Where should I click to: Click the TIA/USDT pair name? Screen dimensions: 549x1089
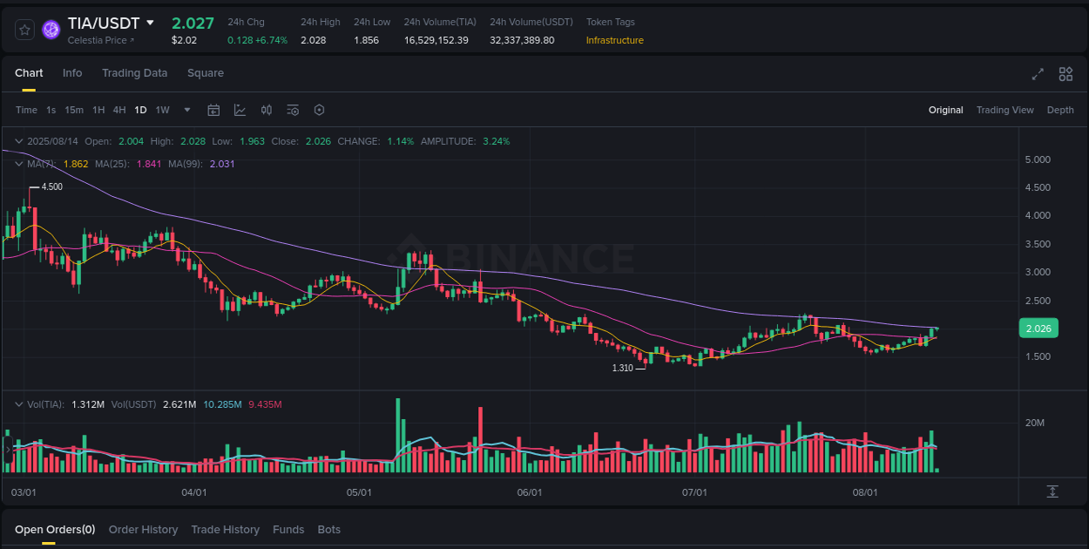tap(103, 23)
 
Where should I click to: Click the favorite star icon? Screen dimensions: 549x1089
tap(24, 30)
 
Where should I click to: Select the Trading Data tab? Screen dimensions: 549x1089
tap(134, 73)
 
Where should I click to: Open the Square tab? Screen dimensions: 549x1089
tap(206, 73)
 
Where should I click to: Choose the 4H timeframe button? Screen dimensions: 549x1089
tap(119, 110)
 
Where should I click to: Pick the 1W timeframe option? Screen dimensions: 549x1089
tap(162, 110)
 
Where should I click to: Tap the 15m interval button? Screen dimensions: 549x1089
tap(74, 110)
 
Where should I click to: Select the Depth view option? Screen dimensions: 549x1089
tap(1060, 110)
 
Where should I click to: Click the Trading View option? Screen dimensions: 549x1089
tap(1004, 110)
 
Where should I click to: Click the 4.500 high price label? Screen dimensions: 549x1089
tap(51, 186)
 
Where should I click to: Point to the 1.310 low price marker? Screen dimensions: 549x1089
tap(622, 368)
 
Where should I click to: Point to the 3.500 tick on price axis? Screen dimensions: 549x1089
tap(1038, 244)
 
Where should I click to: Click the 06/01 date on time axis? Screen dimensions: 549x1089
tap(529, 492)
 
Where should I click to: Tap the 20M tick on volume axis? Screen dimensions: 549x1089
tap(1035, 423)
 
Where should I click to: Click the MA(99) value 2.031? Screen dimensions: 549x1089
tap(222, 164)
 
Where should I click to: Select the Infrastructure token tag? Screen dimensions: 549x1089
tap(614, 40)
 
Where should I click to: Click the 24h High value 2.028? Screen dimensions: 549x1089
tap(313, 40)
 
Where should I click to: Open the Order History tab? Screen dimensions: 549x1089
tap(143, 530)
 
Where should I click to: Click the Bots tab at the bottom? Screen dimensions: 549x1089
tap(328, 530)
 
